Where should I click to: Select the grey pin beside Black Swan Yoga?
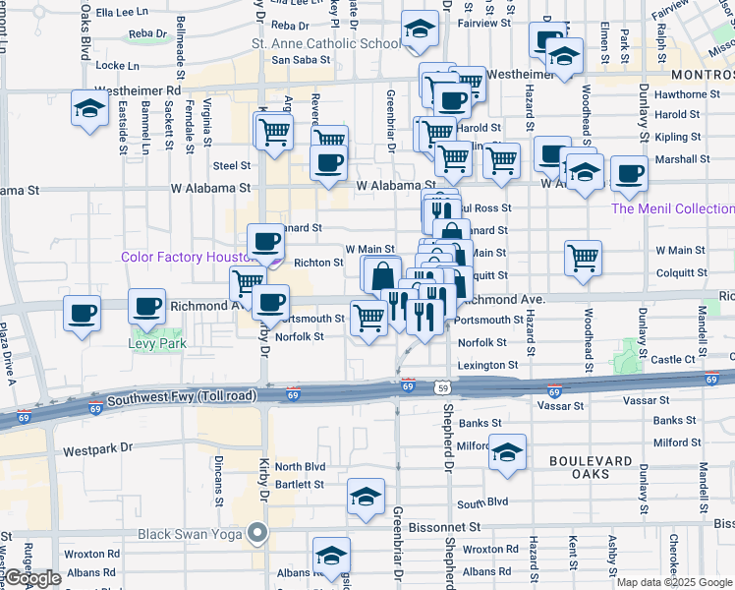258,534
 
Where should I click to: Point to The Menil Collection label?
672,208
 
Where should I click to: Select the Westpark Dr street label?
97,450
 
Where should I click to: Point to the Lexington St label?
488,365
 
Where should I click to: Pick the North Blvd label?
300,467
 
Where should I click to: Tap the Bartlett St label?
300,485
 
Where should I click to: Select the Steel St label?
232,167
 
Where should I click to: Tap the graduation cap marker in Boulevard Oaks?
507,453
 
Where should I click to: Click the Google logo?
33,578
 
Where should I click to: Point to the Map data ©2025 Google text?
674,582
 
